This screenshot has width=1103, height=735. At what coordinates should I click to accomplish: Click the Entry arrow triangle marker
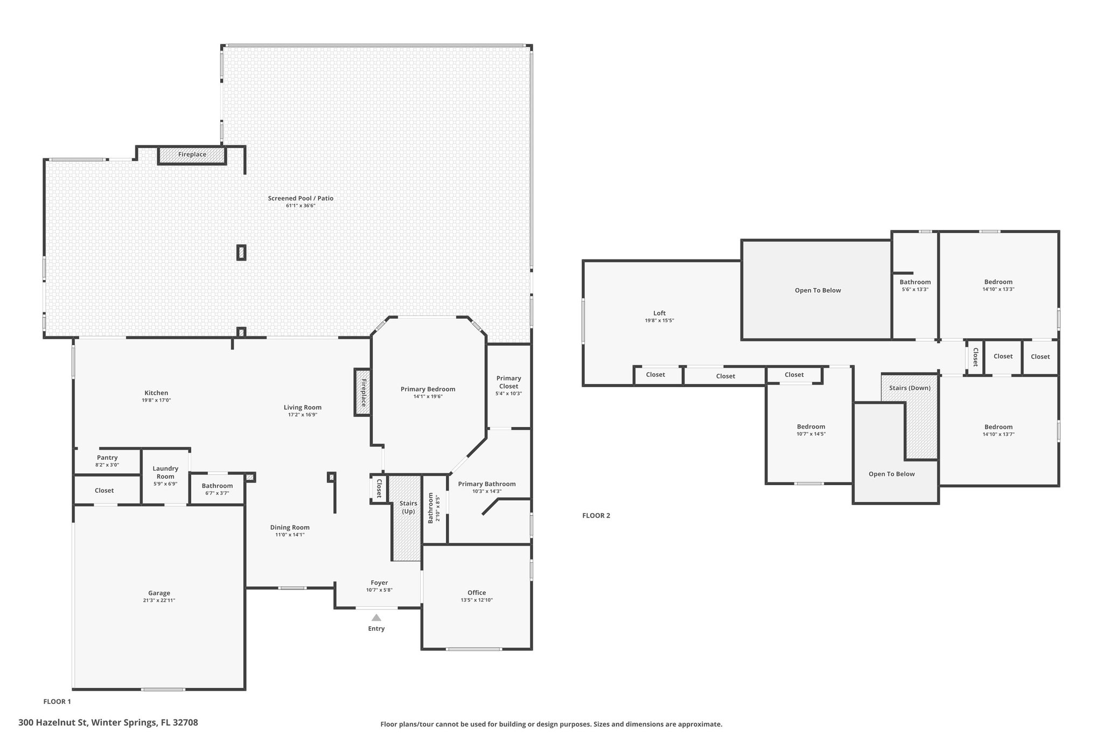(x=376, y=618)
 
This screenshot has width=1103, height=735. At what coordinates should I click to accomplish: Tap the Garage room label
(x=159, y=593)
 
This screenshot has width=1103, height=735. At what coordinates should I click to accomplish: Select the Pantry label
(x=107, y=457)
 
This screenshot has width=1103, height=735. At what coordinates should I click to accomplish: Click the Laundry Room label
(x=165, y=472)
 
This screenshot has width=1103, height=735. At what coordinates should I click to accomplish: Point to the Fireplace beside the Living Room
(x=363, y=393)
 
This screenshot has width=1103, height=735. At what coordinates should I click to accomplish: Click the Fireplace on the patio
(x=192, y=155)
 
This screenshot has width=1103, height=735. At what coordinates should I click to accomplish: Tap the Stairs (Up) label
(x=408, y=507)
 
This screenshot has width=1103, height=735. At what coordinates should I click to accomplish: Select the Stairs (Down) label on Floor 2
(x=910, y=388)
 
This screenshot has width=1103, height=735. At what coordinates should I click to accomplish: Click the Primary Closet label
(x=509, y=382)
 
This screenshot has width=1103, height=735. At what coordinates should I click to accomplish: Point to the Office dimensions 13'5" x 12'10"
(x=477, y=600)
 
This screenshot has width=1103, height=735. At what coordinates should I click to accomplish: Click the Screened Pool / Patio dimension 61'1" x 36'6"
(x=301, y=206)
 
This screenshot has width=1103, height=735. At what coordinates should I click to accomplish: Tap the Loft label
(x=660, y=313)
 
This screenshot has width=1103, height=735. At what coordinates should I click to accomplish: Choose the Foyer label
(x=379, y=583)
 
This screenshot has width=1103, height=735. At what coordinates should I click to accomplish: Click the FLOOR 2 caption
(x=596, y=515)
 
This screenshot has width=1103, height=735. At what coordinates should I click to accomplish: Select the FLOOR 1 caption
(x=57, y=702)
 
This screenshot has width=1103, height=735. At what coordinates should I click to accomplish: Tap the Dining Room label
(x=290, y=527)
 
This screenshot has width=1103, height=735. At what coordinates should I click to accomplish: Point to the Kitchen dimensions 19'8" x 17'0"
(x=156, y=400)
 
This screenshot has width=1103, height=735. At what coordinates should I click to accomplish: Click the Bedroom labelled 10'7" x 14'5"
(x=811, y=426)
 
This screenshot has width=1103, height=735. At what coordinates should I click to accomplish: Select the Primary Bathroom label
(x=487, y=484)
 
